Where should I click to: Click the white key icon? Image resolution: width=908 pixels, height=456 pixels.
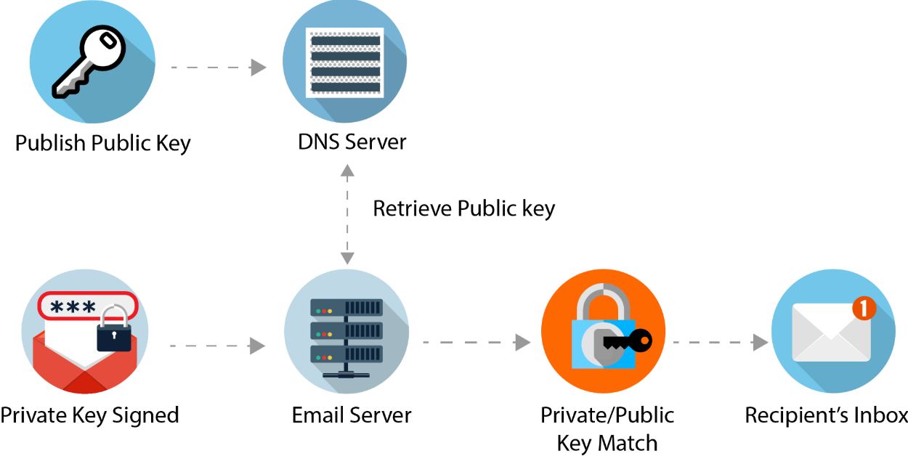(x=89, y=61)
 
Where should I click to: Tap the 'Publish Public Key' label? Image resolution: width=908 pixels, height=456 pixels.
(x=102, y=144)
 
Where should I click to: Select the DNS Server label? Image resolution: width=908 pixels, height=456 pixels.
(x=352, y=142)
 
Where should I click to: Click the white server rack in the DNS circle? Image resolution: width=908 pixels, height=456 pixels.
(x=345, y=63)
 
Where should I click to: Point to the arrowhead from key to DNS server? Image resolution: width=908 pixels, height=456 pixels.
(x=259, y=68)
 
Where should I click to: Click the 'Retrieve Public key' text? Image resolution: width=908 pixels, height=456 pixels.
(x=463, y=208)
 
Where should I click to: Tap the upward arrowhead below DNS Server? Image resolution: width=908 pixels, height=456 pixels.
(x=347, y=171)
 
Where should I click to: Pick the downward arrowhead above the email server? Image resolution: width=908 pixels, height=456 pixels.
(x=347, y=258)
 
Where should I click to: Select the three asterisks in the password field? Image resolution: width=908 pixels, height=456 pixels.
(x=73, y=307)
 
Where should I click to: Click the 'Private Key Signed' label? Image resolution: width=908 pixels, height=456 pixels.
(x=89, y=415)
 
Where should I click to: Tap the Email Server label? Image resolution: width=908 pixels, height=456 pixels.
(x=352, y=415)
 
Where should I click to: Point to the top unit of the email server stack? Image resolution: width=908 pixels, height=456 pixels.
(x=346, y=308)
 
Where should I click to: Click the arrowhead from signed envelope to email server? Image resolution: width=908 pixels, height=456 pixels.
(x=257, y=346)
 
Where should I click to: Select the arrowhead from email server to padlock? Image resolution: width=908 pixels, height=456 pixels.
(x=523, y=343)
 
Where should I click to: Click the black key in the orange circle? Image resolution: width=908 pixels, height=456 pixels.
(x=628, y=341)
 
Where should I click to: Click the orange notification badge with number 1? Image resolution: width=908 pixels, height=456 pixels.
(x=864, y=309)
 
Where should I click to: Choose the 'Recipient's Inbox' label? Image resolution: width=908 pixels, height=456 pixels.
(x=826, y=415)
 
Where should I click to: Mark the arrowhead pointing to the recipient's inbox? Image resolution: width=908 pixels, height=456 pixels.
(x=761, y=343)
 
